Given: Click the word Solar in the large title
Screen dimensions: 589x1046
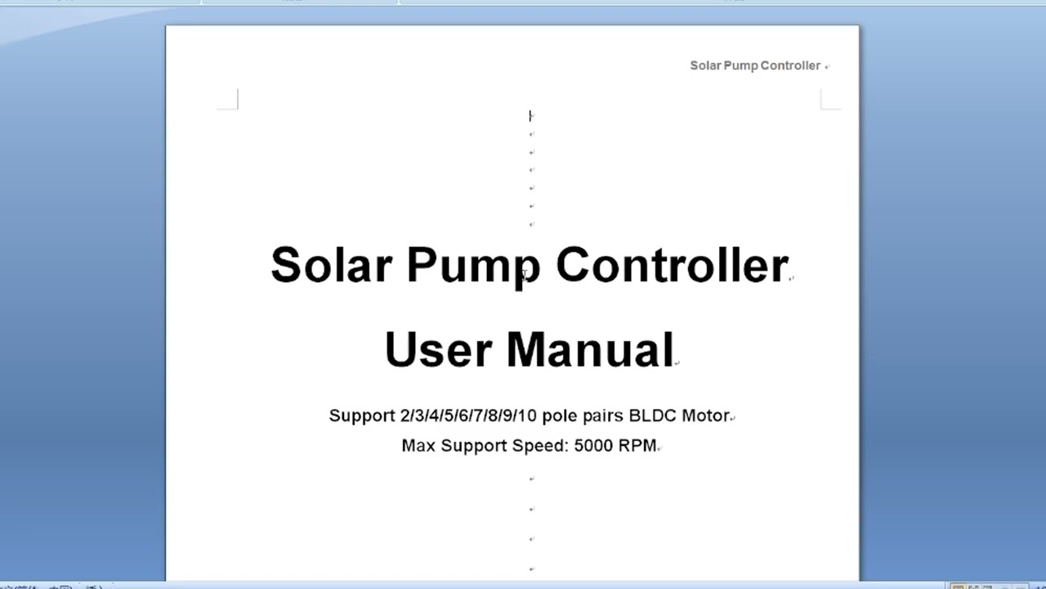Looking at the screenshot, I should (x=331, y=266).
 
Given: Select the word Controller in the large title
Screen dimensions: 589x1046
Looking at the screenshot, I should (x=672, y=266).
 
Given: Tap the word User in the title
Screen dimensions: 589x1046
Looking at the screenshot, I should (x=436, y=349).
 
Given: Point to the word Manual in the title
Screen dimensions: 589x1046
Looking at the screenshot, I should (x=589, y=349).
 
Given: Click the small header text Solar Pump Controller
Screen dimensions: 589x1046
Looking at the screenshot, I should (x=754, y=65).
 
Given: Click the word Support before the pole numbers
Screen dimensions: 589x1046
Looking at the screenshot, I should (x=362, y=416).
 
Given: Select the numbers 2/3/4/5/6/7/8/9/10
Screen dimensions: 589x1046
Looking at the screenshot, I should (x=468, y=416).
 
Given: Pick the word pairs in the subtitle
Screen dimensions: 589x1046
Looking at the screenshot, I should (x=601, y=416).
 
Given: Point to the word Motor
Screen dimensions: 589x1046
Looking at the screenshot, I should (x=705, y=416).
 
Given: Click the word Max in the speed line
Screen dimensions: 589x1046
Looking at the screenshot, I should (x=418, y=446).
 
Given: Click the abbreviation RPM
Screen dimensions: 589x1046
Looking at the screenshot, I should (x=637, y=446).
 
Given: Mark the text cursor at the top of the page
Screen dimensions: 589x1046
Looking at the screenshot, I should (x=530, y=116).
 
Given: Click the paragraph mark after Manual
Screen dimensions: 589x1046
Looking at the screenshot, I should (x=677, y=362).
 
